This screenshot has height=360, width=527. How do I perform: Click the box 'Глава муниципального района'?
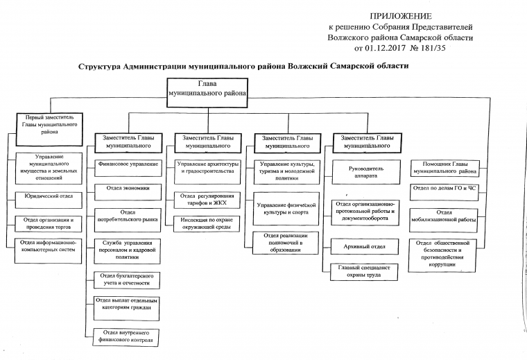[207, 89]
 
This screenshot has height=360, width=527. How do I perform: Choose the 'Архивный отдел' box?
[365, 247]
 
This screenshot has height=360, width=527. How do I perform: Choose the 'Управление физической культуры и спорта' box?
[286, 208]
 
